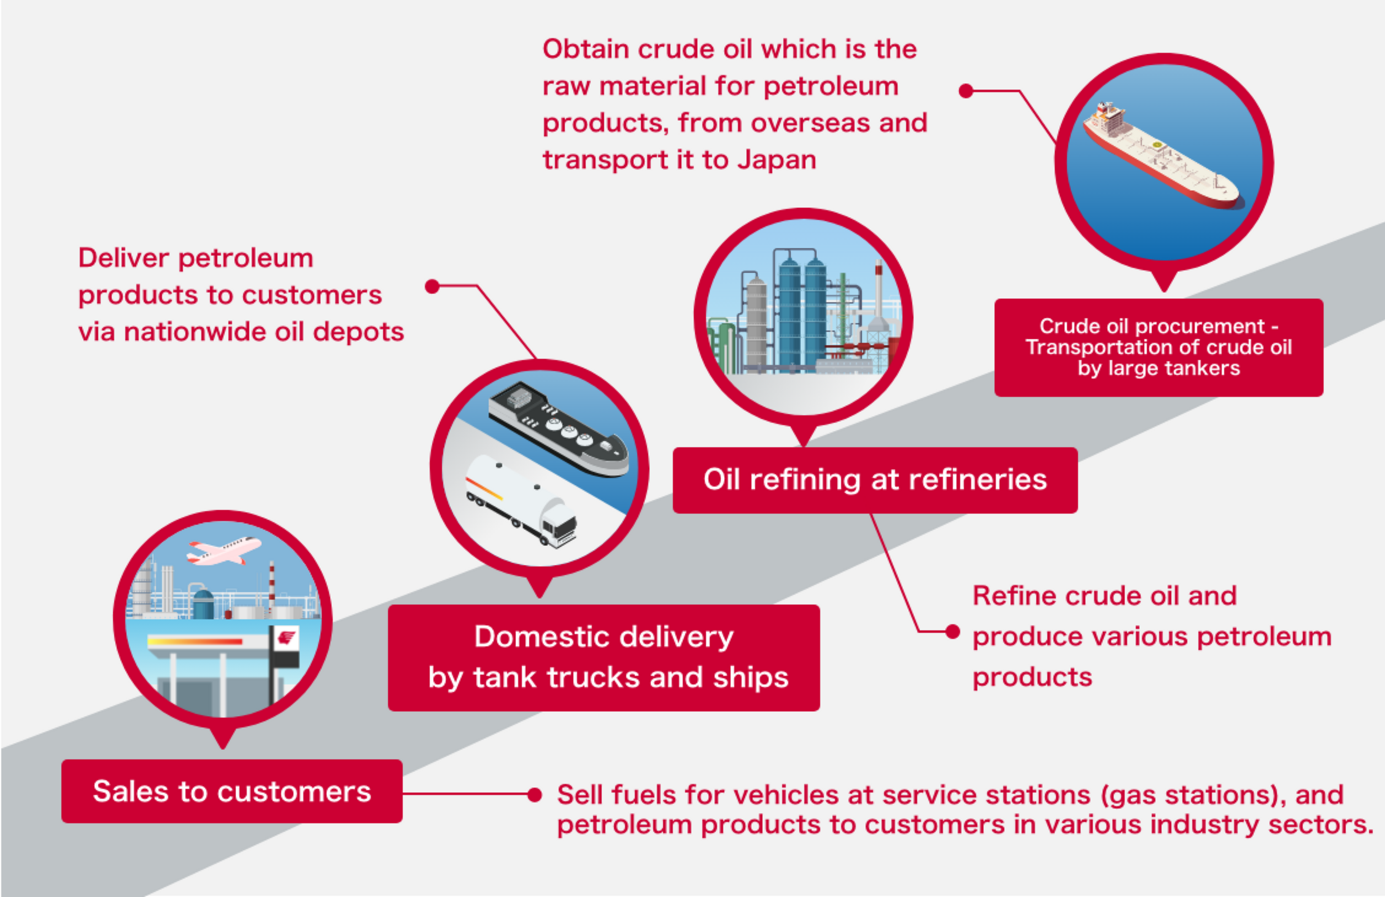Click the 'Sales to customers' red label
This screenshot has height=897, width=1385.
point(232,791)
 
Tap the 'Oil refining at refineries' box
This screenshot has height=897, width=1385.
point(875,480)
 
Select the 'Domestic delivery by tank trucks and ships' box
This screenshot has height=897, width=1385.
point(603,657)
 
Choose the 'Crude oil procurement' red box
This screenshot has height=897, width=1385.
point(1158,347)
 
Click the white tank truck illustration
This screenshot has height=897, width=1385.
point(522,501)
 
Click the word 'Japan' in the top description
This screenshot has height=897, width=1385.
point(777,160)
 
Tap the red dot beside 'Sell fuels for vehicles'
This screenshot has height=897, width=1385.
point(535,795)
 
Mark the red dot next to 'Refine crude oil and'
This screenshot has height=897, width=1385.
point(953,632)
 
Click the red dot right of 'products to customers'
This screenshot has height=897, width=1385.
point(432,286)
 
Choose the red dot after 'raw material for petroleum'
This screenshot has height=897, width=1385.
point(966,91)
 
